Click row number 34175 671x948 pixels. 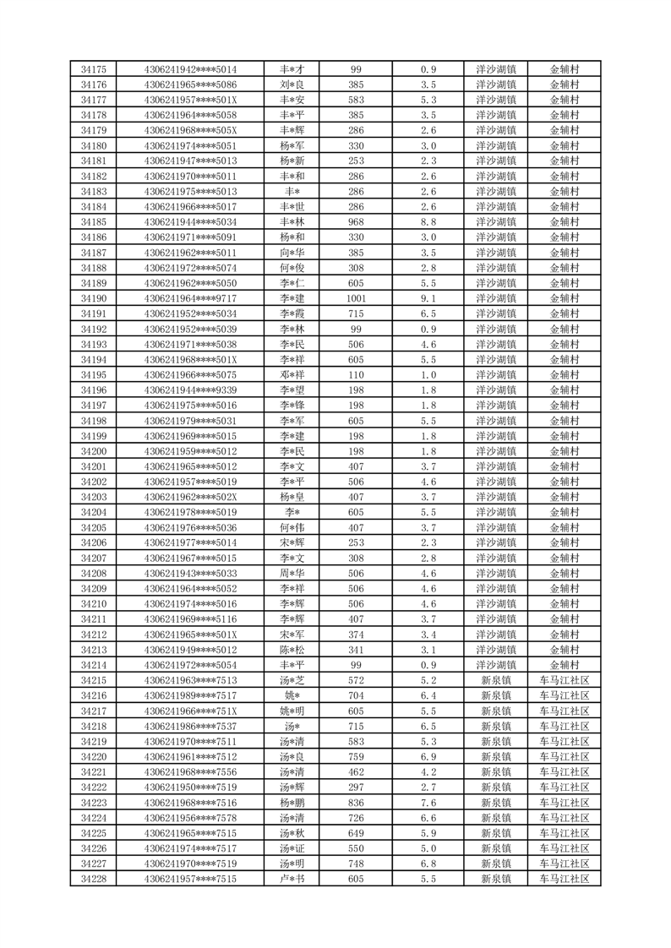[x=93, y=69]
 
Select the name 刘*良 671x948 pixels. [x=292, y=84]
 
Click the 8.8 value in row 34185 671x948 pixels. [x=428, y=222]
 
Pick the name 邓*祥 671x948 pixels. [x=292, y=374]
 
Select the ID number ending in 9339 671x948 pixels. [x=191, y=390]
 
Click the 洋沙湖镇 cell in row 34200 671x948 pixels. [x=496, y=451]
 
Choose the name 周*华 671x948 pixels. [x=292, y=573]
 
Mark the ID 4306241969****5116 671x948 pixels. [x=191, y=619]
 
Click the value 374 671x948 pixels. [x=356, y=635]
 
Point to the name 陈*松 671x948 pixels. [x=292, y=650]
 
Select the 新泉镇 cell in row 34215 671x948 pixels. [x=496, y=680]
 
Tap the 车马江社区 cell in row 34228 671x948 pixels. [x=565, y=879]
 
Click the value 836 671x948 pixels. [x=356, y=803]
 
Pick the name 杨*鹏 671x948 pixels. [x=292, y=803]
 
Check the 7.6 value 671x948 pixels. [x=428, y=803]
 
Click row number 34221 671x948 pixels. [x=93, y=772]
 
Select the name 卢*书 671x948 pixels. [x=292, y=879]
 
